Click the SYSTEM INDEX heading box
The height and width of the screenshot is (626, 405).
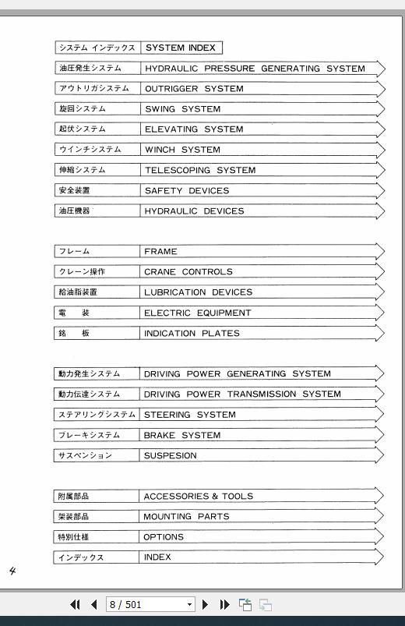click(181, 48)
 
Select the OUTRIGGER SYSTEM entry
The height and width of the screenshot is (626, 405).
click(194, 89)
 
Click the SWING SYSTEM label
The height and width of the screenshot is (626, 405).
click(182, 109)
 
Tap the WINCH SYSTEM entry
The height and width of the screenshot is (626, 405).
click(182, 150)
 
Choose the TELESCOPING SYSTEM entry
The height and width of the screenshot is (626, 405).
click(199, 170)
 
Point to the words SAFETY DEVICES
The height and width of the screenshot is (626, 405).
click(186, 190)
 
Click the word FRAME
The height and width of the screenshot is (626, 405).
click(160, 252)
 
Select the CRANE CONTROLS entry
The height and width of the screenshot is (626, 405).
click(188, 272)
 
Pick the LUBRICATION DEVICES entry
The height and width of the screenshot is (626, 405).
click(198, 292)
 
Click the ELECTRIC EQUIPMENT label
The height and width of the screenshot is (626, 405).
click(197, 313)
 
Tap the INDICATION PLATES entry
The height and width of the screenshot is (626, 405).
click(192, 333)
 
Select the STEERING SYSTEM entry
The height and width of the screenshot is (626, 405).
click(189, 415)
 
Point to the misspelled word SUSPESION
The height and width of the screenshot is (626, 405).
click(170, 455)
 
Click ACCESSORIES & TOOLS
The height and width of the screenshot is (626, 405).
click(198, 496)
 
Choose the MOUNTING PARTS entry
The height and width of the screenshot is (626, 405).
click(186, 516)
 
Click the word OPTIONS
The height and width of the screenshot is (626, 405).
click(164, 537)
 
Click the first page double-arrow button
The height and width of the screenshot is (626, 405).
click(76, 604)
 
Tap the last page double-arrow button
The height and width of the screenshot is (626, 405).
click(224, 604)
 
